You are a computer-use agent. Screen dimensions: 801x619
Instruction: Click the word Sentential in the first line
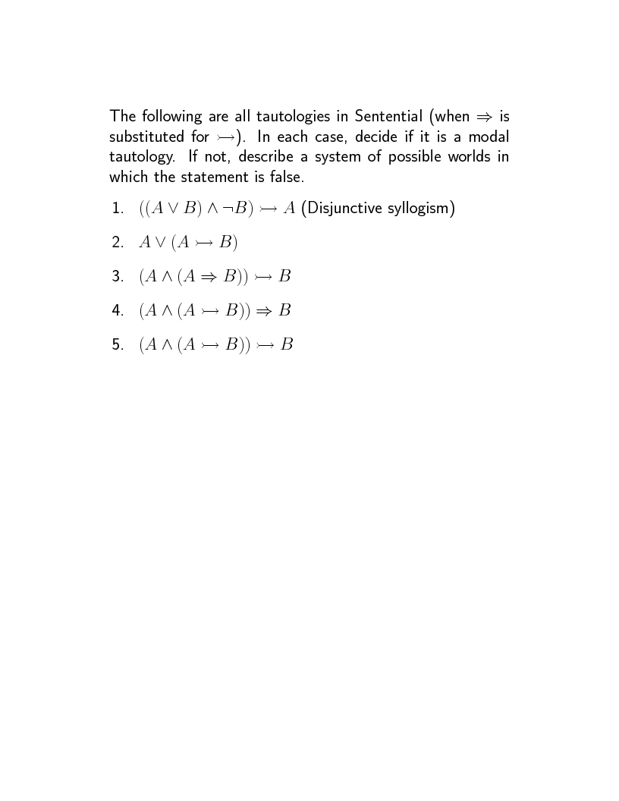(388, 117)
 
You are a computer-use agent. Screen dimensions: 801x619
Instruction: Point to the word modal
(489, 137)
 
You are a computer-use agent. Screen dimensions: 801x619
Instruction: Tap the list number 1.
(117, 209)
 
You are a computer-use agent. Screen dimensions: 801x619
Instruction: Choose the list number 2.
(117, 243)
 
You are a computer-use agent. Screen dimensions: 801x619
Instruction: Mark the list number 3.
(117, 277)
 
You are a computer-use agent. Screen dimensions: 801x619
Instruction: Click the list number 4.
(117, 311)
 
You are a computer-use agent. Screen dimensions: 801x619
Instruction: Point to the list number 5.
(117, 345)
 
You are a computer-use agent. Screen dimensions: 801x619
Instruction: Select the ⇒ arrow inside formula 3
(208, 277)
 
